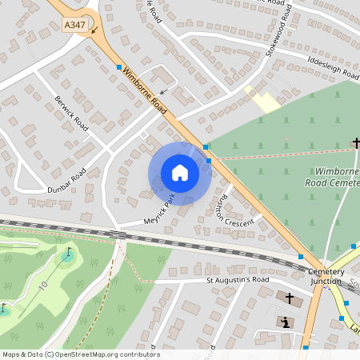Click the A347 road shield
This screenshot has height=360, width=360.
point(75,26)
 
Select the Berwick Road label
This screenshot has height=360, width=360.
point(71,112)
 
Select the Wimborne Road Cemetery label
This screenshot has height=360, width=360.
point(339,177)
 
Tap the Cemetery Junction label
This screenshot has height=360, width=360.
point(326,276)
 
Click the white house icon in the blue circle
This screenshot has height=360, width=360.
point(180,173)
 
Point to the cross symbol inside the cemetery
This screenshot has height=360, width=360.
point(356,143)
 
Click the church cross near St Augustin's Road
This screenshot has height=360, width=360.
point(289,298)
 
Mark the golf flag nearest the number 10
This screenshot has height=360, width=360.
point(69,253)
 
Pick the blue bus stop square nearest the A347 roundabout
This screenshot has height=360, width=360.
point(118,67)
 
